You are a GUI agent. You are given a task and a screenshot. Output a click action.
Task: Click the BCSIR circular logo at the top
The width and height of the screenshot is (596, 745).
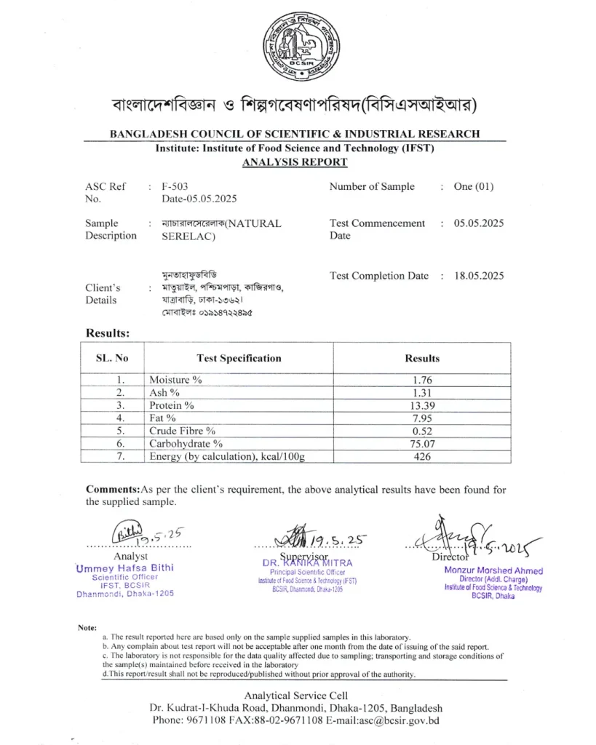[x=300, y=45]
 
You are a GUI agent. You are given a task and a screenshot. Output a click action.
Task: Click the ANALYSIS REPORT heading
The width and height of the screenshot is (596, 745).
[x=295, y=162]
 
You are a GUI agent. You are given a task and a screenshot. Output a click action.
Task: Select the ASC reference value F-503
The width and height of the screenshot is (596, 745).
[x=175, y=186]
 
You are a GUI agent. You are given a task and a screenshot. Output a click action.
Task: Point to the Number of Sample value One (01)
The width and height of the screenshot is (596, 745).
[x=473, y=186]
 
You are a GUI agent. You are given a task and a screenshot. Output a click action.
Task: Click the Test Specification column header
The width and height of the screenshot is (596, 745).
[x=239, y=358]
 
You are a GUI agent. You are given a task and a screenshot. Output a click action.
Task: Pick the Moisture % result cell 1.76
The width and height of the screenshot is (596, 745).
[x=422, y=380]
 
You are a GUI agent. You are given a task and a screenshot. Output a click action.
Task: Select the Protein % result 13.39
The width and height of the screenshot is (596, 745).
[x=422, y=405]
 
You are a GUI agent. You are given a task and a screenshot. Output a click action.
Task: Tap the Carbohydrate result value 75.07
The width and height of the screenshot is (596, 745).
[x=422, y=443]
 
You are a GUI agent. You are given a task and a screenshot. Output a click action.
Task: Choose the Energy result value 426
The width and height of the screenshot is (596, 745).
[x=422, y=456]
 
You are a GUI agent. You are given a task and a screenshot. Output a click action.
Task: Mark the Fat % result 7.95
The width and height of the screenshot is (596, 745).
[x=422, y=418]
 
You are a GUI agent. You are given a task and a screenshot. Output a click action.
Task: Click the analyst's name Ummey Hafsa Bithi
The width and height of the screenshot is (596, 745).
[x=124, y=568]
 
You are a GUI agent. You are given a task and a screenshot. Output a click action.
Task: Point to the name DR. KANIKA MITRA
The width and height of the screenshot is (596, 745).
[x=307, y=563]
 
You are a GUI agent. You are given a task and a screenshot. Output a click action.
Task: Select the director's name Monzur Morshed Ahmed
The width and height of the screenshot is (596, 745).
[x=493, y=571]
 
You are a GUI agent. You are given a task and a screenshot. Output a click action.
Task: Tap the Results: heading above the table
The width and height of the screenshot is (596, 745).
[x=108, y=333]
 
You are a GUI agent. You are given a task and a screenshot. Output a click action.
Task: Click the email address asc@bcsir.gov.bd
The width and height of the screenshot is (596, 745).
[x=397, y=721]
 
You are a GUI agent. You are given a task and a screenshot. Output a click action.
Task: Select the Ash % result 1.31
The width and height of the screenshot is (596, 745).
[x=422, y=393]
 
